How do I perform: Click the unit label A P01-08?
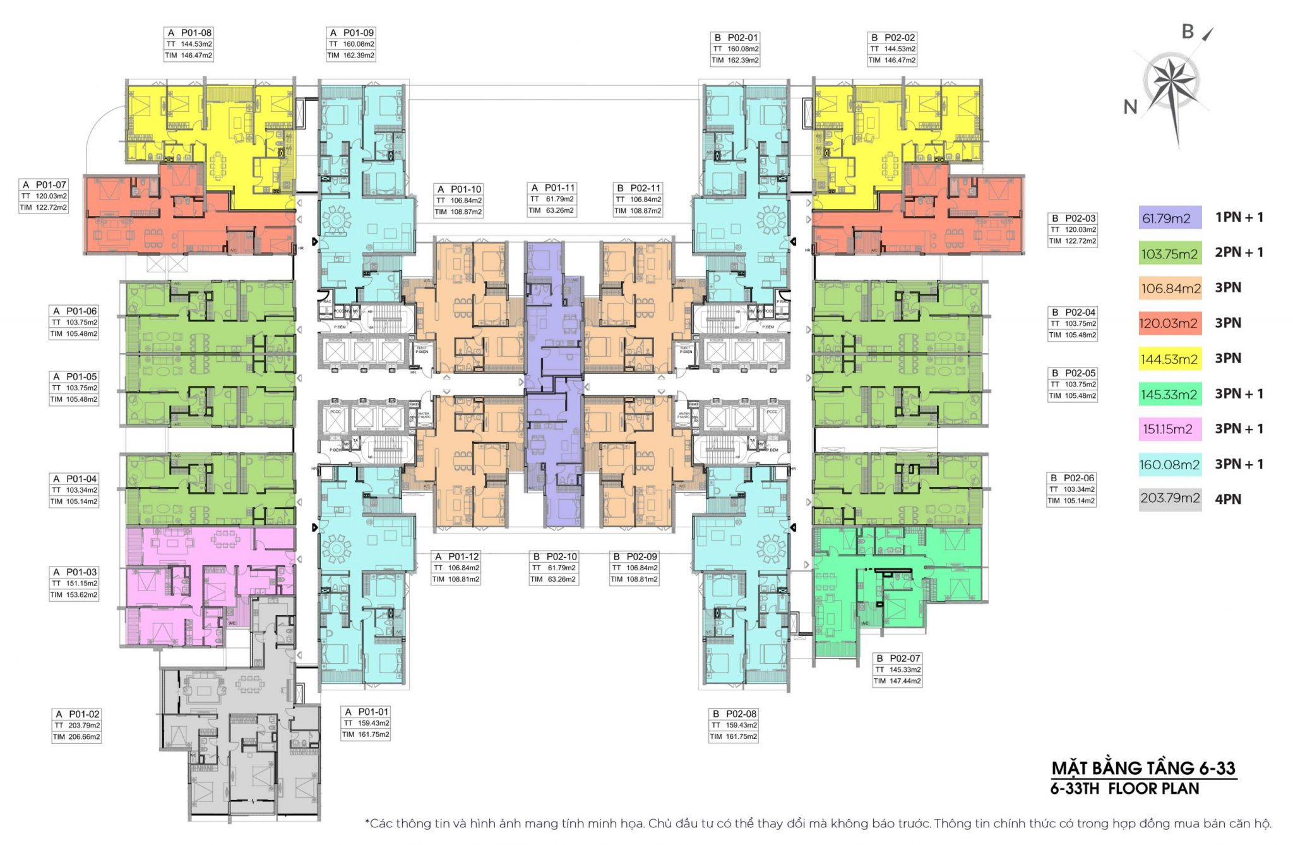click(x=189, y=33)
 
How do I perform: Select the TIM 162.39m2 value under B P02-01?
click(x=735, y=61)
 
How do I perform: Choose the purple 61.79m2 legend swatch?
click(x=1169, y=219)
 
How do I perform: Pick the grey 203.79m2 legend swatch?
click(x=1169, y=498)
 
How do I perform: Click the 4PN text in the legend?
click(x=1228, y=499)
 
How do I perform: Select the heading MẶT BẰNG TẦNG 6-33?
click(x=1143, y=768)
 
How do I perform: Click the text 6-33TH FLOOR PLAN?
click(x=1124, y=789)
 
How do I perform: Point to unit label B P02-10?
click(x=554, y=557)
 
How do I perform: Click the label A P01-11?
click(x=552, y=188)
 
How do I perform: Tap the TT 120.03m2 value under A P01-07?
click(x=44, y=196)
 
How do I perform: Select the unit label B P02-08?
click(x=733, y=714)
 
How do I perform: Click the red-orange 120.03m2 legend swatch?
click(x=1169, y=323)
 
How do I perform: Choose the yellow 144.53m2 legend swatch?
click(x=1169, y=359)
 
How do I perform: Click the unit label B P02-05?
click(x=1072, y=373)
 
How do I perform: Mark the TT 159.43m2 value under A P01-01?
click(x=366, y=723)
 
